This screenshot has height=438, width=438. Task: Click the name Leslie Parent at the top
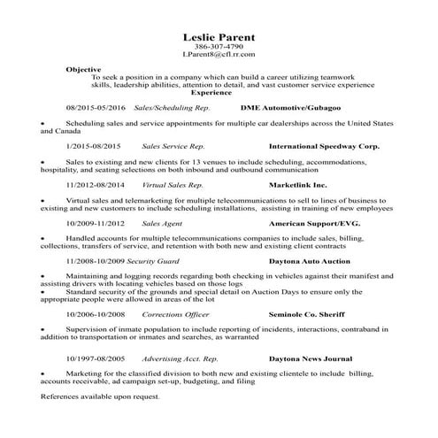click(218, 37)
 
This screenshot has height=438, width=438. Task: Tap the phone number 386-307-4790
click(218, 47)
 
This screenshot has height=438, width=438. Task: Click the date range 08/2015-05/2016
click(96, 106)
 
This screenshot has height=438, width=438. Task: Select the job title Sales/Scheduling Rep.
click(164, 106)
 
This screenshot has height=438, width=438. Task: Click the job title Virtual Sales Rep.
click(172, 186)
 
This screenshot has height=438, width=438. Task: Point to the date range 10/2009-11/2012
click(96, 225)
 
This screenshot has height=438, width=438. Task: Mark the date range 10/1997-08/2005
click(96, 360)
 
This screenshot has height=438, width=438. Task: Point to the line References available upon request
click(100, 397)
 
